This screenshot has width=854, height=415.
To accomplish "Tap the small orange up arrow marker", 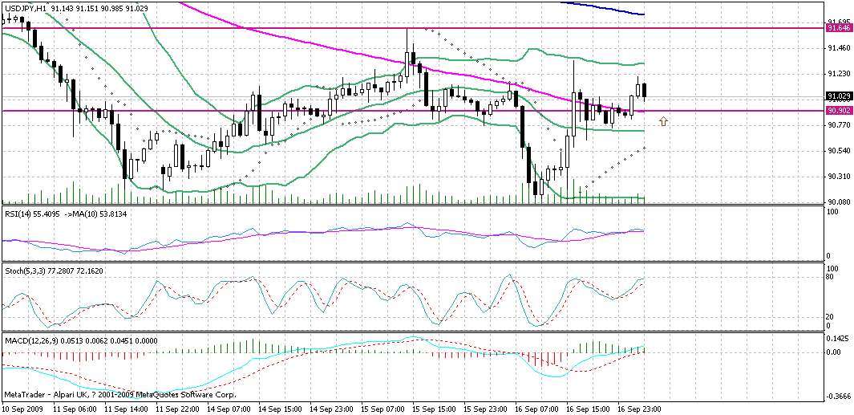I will coord(663,120).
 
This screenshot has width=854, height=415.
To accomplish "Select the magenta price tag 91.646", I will coord(839,28).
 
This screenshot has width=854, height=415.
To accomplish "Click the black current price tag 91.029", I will coord(839,96).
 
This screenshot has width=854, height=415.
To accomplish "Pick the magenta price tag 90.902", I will coord(839,110).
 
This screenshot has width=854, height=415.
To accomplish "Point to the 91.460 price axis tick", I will coord(839,48).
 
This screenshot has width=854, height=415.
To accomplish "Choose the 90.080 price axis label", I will coord(839,201).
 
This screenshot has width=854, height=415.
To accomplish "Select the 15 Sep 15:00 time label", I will coord(436,409).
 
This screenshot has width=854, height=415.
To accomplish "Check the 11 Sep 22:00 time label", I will coord(179,409).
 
